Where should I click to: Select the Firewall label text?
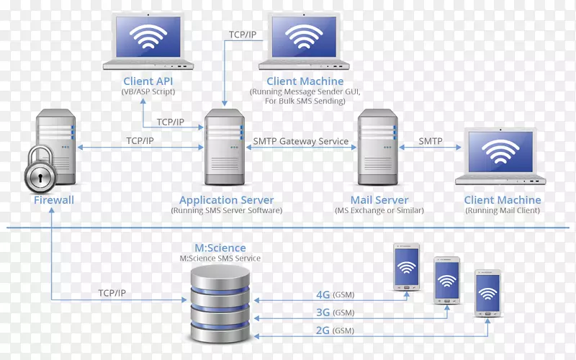click(54, 200)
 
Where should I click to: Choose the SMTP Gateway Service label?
click(301, 141)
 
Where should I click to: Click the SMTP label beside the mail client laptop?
click(431, 141)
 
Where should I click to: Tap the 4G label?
click(323, 294)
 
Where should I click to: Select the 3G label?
click(323, 312)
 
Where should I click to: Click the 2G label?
click(323, 330)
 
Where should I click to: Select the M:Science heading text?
click(220, 248)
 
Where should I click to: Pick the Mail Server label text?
click(379, 200)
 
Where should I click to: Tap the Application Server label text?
click(226, 200)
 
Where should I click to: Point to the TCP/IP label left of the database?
click(114, 293)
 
